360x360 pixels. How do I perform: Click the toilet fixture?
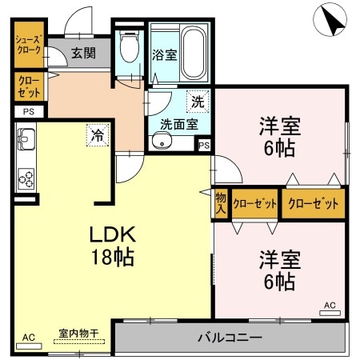[128, 48]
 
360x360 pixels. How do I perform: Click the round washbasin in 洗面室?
[162, 142]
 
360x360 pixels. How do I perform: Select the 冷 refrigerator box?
[96, 135]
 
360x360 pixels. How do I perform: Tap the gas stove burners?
[26, 177]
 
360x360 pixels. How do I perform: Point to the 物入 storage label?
[221, 204]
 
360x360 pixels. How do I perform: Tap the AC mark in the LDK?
[29, 336]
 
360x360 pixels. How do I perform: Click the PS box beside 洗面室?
[203, 146]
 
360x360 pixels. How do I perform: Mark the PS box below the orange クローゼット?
[29, 111]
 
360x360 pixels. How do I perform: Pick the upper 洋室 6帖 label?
[278, 138]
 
